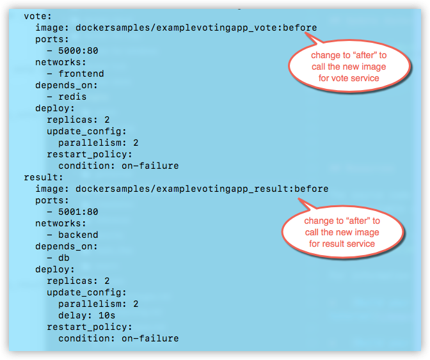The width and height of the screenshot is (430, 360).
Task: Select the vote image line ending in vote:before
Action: [x=176, y=28]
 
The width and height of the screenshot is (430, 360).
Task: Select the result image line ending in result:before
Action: [x=182, y=189]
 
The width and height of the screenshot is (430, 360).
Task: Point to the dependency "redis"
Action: [x=72, y=97]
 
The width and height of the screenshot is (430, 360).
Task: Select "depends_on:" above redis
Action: [x=67, y=86]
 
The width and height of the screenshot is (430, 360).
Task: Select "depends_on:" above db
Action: [x=67, y=246]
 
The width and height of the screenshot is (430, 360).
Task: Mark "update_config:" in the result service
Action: [x=86, y=292]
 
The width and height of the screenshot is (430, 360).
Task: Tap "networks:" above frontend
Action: [x=61, y=63]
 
